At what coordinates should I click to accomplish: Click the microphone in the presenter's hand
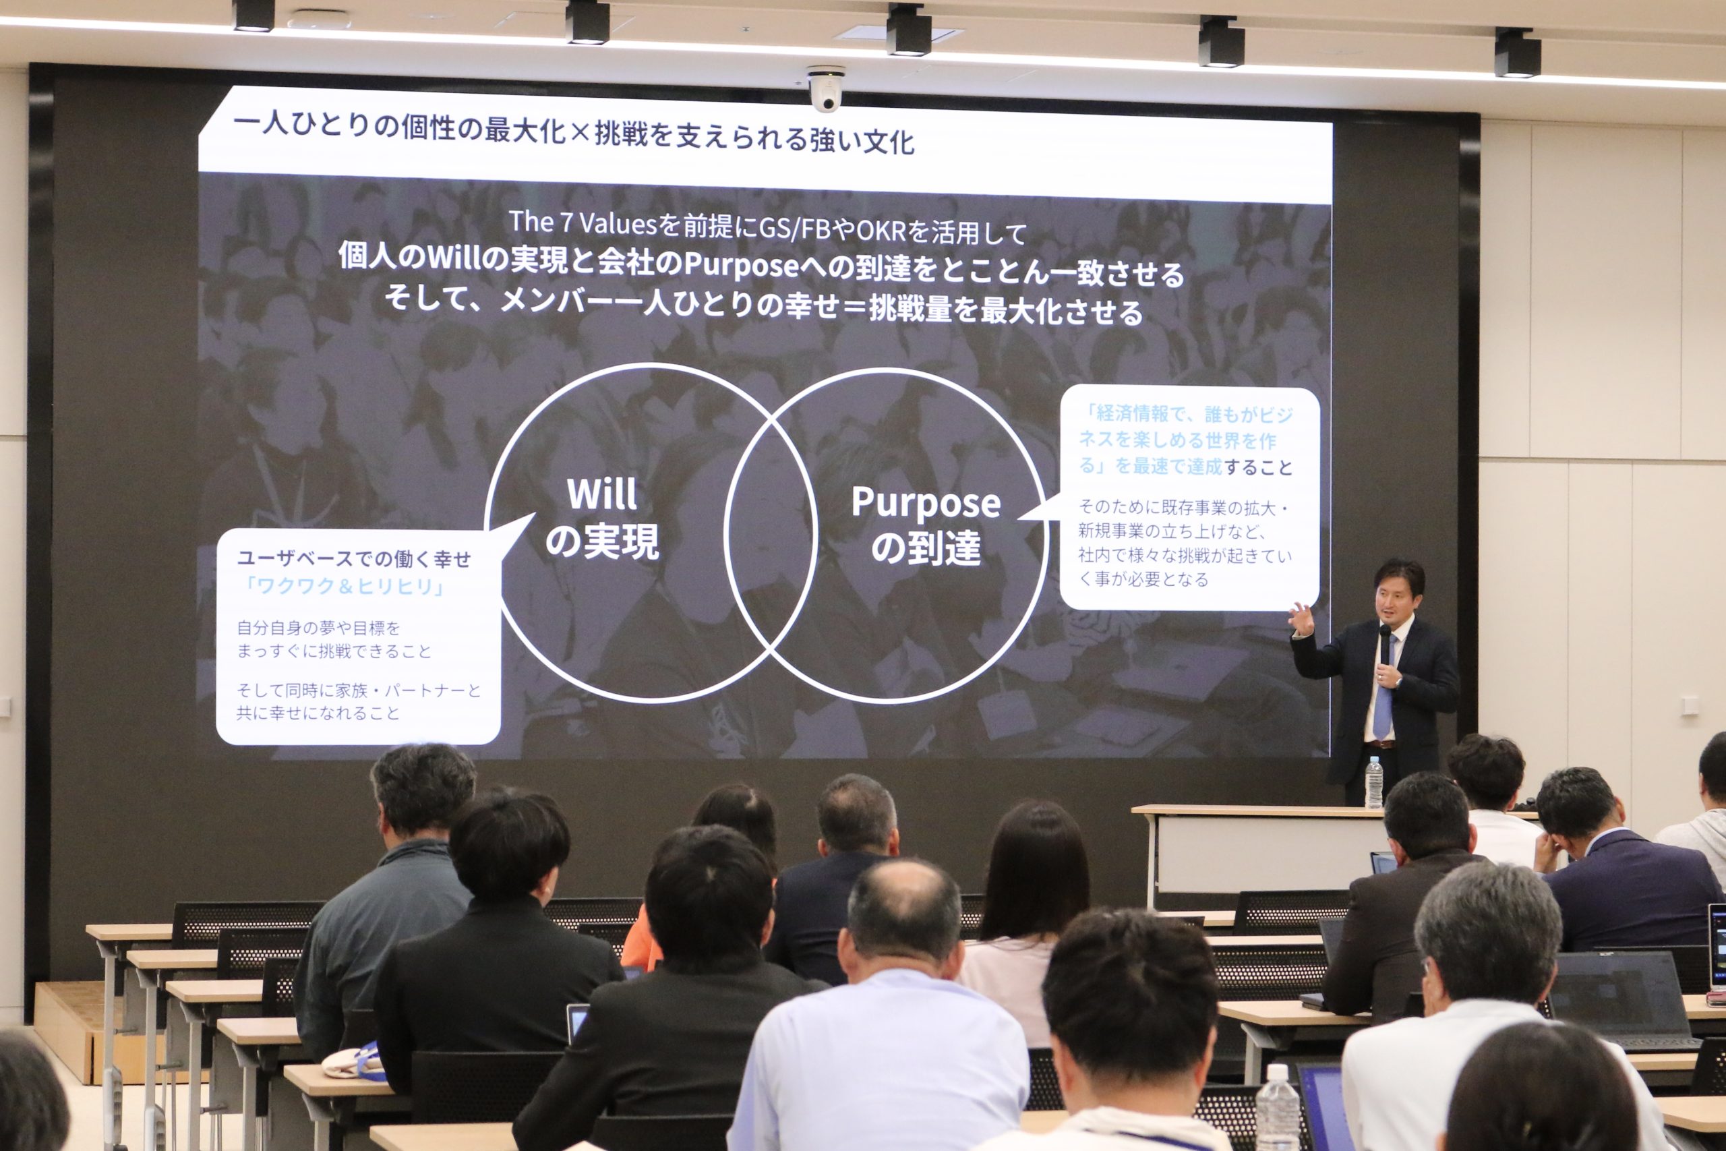pos(1385,644)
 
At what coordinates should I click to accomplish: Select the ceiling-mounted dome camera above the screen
pos(825,88)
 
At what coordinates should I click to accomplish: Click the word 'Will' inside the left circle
pos(602,494)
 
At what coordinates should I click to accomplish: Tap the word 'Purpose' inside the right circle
pos(926,504)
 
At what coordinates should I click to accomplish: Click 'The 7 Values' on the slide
pos(583,223)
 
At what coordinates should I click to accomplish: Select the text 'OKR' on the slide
pos(881,231)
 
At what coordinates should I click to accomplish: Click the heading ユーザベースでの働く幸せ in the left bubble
pos(354,560)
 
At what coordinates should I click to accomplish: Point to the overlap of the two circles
pos(770,533)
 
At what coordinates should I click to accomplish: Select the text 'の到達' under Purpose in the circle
pos(926,548)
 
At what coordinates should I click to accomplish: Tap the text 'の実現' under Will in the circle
pos(602,541)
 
